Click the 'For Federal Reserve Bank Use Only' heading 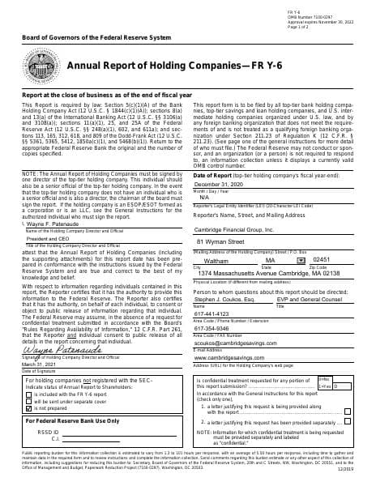click(x=73, y=422)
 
